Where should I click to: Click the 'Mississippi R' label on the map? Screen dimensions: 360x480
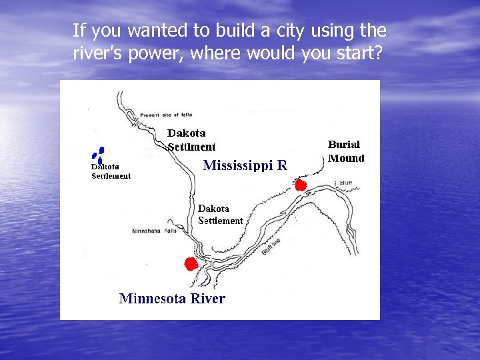tap(245, 165)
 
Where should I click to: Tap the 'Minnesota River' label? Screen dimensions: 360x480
tap(172, 299)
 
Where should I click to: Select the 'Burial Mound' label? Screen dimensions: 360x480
tap(346, 151)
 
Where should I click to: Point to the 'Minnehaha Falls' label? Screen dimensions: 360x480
tap(154, 231)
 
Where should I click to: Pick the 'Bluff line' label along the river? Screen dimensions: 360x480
tap(271, 245)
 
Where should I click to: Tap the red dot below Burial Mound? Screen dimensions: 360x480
tap(300, 185)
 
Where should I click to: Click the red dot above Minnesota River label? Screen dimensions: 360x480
tap(191, 264)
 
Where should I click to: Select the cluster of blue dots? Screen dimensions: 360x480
tap(98, 155)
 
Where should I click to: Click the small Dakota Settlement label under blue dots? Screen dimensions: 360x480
tap(111, 171)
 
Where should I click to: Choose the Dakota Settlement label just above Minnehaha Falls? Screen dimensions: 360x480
tap(221, 214)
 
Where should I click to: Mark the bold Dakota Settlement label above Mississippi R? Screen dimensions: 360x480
tap(191, 140)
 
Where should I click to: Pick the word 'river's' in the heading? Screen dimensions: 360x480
tap(97, 54)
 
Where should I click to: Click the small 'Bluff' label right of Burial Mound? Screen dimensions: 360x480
tap(345, 183)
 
